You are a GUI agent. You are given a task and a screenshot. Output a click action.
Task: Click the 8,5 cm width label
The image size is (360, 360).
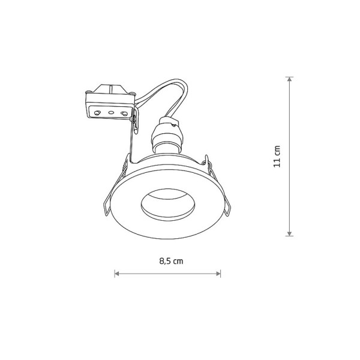point(171,261)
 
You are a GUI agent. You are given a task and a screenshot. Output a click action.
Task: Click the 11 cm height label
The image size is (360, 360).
point(277,157)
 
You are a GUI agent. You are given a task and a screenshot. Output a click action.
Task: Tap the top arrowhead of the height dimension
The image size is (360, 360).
point(290,79)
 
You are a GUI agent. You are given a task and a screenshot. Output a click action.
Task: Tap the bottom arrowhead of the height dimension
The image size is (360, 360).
point(290,233)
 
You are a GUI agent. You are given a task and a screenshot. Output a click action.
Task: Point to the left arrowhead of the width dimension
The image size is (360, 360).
point(117,274)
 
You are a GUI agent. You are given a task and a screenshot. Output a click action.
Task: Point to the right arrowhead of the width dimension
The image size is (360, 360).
point(218,274)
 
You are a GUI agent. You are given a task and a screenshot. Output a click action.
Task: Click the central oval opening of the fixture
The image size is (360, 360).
point(168,205)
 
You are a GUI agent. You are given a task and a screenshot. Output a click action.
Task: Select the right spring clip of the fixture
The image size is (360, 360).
point(218,186)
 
